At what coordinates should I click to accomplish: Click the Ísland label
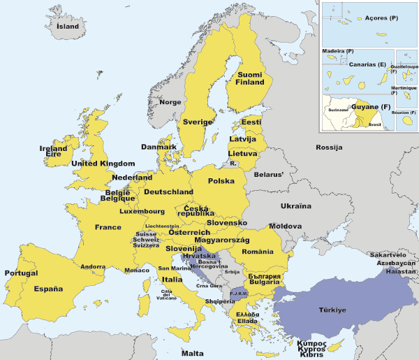[x=68, y=27]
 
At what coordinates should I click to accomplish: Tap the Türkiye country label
[x=332, y=310]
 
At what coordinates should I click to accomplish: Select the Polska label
[x=221, y=181]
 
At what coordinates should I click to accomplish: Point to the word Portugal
[x=21, y=273]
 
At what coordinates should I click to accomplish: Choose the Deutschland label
[x=168, y=192]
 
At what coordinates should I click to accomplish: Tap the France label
[x=108, y=227]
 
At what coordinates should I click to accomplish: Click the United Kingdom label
[x=103, y=164]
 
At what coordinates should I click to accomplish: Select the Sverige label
[x=197, y=122]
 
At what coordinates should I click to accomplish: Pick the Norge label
[x=170, y=102]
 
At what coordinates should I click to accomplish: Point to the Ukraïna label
[x=296, y=206]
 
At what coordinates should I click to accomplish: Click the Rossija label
[x=329, y=147]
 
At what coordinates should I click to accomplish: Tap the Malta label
[x=193, y=353]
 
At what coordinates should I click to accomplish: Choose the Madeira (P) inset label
[x=338, y=52]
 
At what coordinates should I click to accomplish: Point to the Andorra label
[x=93, y=266]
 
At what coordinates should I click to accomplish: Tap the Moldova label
[x=286, y=227]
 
